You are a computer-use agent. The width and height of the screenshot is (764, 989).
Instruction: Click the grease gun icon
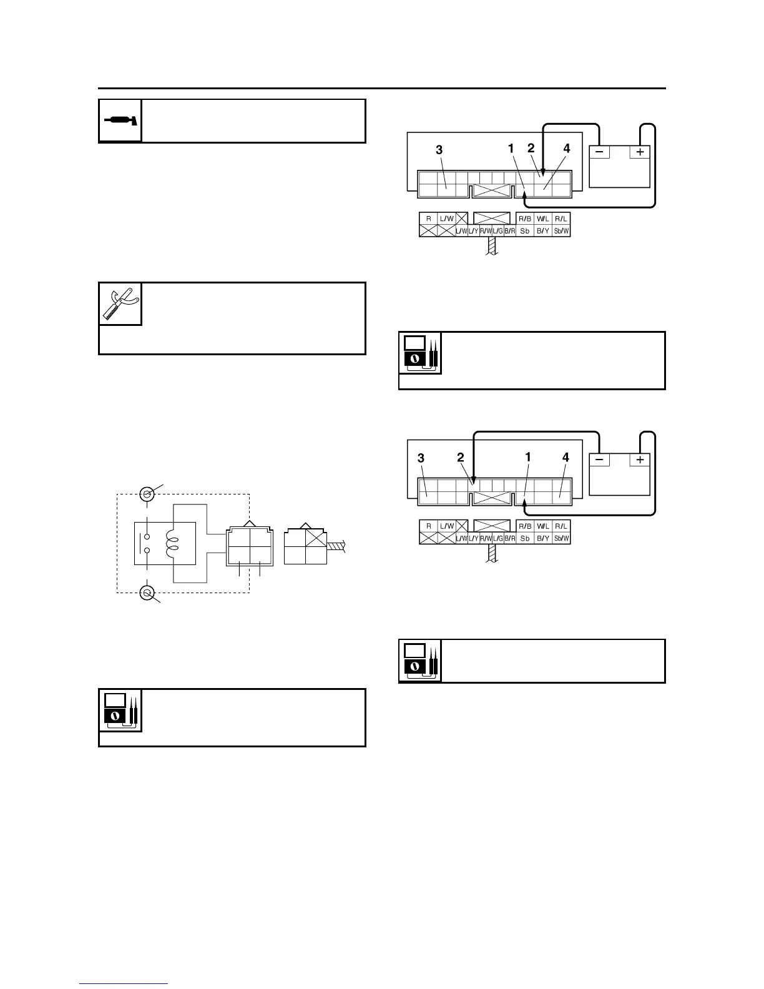click(x=120, y=121)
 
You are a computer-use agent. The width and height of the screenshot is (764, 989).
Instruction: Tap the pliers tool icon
click(x=120, y=303)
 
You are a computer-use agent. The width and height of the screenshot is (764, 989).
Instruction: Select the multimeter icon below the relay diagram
click(x=120, y=711)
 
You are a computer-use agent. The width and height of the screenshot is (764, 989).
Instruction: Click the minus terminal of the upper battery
click(x=599, y=152)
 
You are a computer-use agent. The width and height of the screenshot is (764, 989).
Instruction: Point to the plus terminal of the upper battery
click(x=640, y=152)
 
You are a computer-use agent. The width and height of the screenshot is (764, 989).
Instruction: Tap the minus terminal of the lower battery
click(x=599, y=460)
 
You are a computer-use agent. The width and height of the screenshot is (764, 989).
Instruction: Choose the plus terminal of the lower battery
click(x=640, y=460)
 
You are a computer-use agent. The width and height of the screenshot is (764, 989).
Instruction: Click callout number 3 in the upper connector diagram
click(x=439, y=150)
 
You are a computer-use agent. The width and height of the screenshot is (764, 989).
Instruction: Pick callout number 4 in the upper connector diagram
click(x=567, y=149)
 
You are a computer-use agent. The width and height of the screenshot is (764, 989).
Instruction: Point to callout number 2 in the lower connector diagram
click(x=461, y=458)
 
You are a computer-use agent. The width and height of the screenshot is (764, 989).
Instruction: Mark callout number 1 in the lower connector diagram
click(x=528, y=457)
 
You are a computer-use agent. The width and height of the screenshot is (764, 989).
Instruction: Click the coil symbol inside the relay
click(x=172, y=543)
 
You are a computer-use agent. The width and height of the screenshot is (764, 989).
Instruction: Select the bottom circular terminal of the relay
click(x=147, y=593)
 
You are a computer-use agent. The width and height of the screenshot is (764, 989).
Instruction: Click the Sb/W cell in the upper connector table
click(x=562, y=230)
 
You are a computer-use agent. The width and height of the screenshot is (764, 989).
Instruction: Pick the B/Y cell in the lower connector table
click(x=543, y=538)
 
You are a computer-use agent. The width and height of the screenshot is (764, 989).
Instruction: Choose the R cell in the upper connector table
click(x=428, y=219)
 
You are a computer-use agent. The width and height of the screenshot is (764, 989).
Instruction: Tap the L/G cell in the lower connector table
click(x=497, y=538)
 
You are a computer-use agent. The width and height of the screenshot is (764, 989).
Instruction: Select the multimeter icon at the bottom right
click(x=420, y=661)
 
